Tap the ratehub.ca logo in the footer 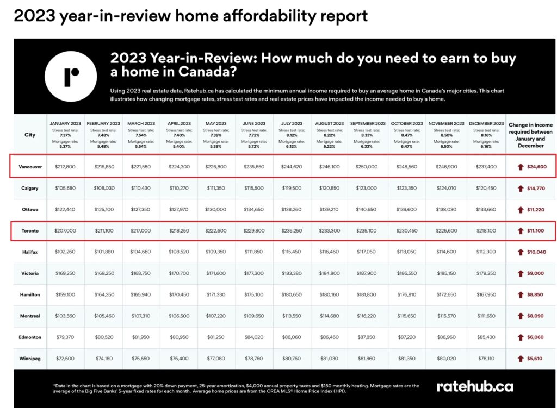pos(474,386)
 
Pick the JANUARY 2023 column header pos(65,124)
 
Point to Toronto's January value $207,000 pos(65,230)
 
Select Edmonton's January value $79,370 pos(65,337)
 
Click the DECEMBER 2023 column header pos(487,124)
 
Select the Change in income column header pos(530,135)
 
